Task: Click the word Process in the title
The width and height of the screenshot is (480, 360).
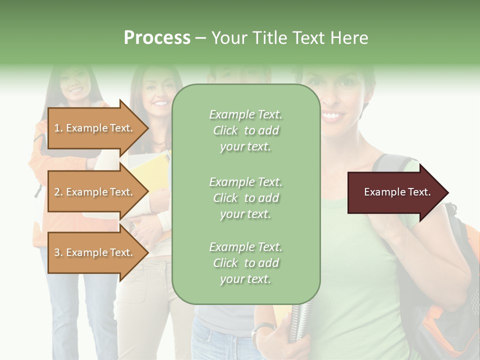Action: click(x=157, y=38)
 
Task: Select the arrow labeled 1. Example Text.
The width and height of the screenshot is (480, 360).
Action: click(x=95, y=128)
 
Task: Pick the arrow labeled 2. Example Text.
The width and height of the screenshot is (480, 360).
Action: click(x=95, y=192)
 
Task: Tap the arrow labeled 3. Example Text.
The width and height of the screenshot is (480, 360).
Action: click(x=95, y=252)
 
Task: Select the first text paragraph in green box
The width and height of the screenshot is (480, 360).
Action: click(x=245, y=130)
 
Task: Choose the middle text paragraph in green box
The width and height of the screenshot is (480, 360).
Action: click(x=245, y=198)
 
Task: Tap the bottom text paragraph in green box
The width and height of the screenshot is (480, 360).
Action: click(x=245, y=263)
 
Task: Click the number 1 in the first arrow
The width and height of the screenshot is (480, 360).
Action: click(x=56, y=128)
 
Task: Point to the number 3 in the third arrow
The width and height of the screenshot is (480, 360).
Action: click(x=57, y=252)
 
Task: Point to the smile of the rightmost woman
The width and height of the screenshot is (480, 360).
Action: click(x=330, y=116)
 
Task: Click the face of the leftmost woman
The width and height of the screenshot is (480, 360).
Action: click(x=74, y=82)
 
